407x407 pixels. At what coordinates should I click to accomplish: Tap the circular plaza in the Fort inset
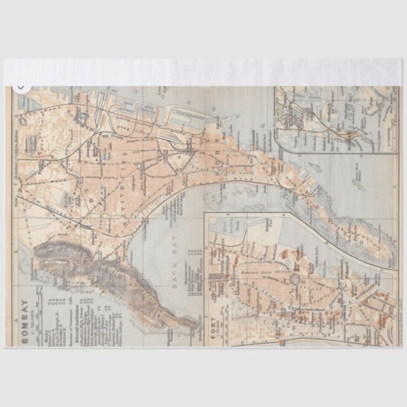(x=295, y=277)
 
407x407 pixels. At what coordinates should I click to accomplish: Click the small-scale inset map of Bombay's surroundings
(x=322, y=120)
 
